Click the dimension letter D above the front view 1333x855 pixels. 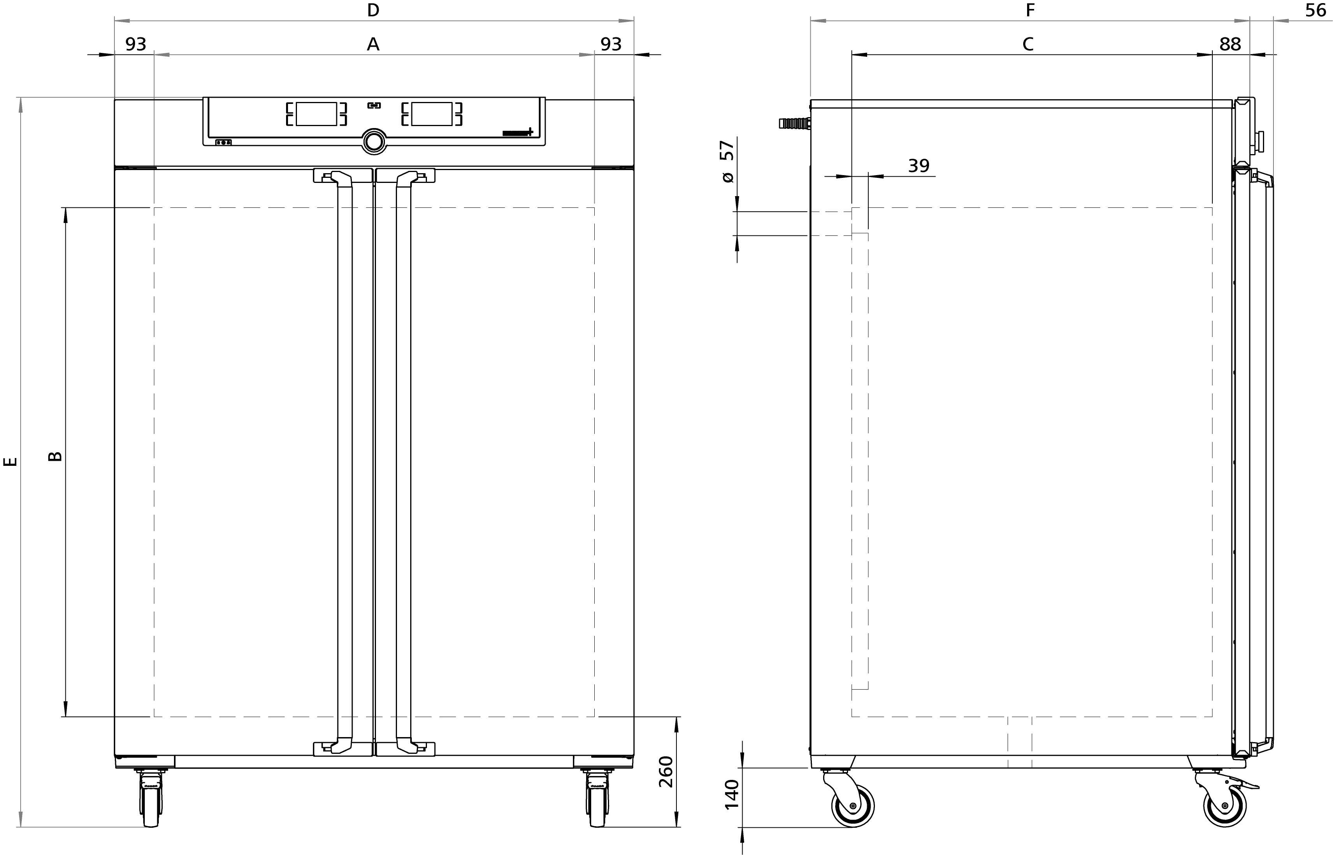tap(373, 10)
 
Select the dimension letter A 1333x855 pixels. tap(373, 44)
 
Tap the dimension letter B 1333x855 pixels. tap(55, 456)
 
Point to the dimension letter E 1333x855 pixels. tap(11, 462)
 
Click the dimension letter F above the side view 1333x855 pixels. tap(1031, 10)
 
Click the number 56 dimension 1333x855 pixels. tap(1315, 10)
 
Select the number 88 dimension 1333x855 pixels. tap(1230, 44)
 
